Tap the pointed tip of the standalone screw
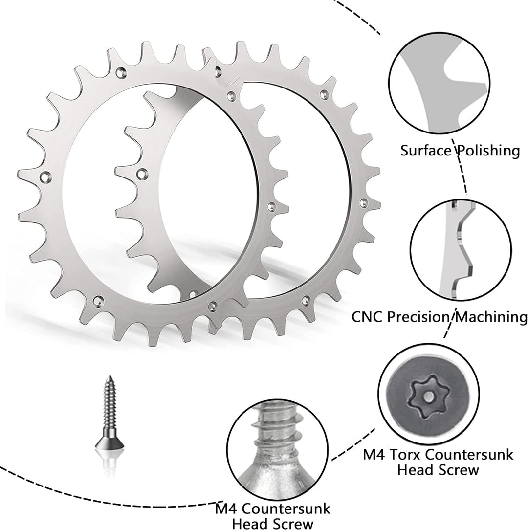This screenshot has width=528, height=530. pyautogui.click(x=108, y=377)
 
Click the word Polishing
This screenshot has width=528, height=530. pyautogui.click(x=489, y=150)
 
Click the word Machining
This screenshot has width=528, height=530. pyautogui.click(x=492, y=317)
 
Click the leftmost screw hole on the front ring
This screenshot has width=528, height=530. pyautogui.click(x=46, y=176)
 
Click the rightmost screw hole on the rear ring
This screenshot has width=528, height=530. pyautogui.click(x=362, y=201)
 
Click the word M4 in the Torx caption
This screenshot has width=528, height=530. pyautogui.click(x=374, y=455)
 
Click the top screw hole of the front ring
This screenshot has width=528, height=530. pyautogui.click(x=119, y=74)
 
